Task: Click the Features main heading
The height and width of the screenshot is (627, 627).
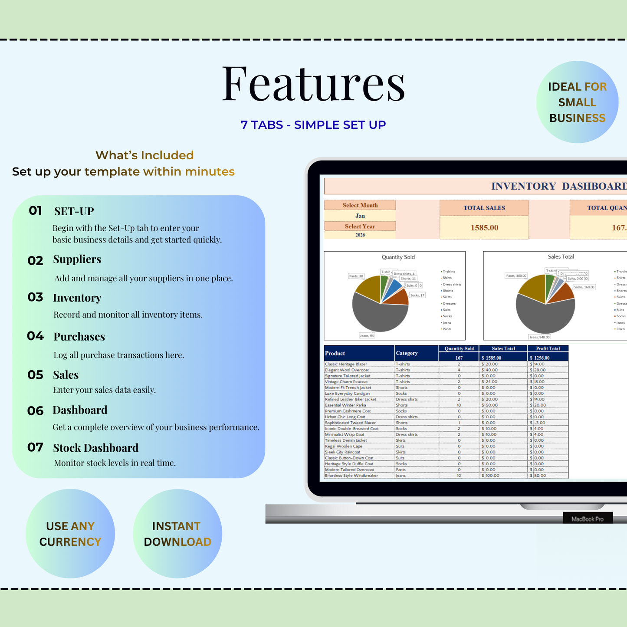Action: [313, 83]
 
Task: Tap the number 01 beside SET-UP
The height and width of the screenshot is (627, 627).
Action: [35, 211]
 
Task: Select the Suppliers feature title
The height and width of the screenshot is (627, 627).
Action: [77, 259]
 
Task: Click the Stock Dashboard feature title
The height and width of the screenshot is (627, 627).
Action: [95, 448]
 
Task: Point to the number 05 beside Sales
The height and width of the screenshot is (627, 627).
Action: [35, 375]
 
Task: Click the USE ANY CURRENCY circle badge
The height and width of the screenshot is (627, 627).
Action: [70, 534]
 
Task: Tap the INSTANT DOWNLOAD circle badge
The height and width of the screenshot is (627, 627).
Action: [177, 534]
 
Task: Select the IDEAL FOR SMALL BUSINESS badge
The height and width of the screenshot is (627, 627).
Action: [577, 102]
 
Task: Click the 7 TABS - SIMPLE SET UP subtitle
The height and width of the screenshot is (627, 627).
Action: [313, 125]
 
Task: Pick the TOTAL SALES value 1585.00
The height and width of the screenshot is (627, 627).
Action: [484, 228]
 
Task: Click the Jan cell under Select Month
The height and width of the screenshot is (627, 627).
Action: [360, 216]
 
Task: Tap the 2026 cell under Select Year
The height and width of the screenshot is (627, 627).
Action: [360, 235]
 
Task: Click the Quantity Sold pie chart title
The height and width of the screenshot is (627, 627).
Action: [398, 257]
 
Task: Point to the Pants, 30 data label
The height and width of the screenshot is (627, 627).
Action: [356, 276]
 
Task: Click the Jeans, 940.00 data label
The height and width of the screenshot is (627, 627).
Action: [539, 337]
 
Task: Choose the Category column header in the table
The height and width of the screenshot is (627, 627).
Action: [407, 353]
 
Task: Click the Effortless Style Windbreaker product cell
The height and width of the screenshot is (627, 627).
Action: [351, 476]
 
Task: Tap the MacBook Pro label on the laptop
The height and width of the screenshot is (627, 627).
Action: [587, 519]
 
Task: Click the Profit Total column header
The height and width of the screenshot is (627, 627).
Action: [548, 348]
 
